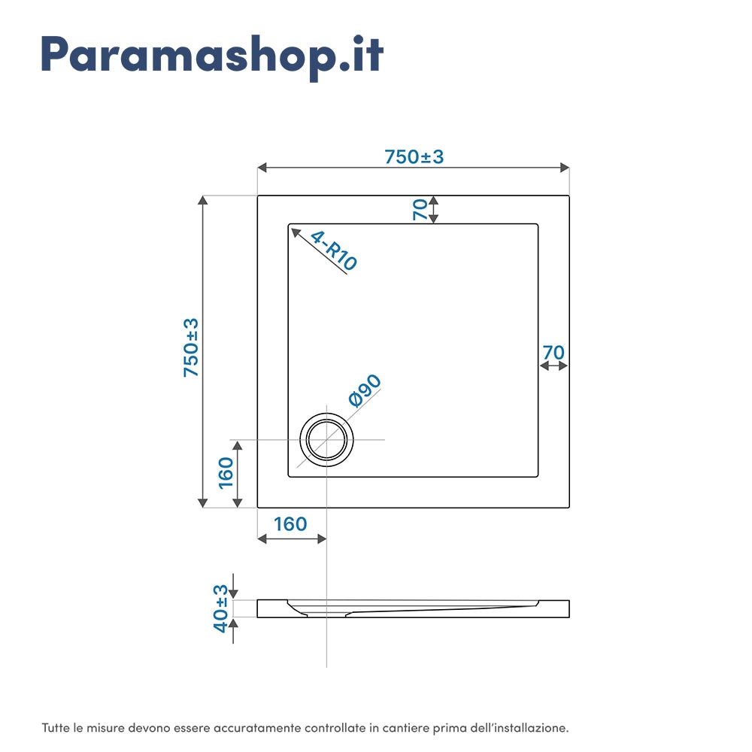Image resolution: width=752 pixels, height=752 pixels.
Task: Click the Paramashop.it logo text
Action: tap(212, 54)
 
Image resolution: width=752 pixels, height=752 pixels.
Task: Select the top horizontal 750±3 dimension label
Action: tap(414, 156)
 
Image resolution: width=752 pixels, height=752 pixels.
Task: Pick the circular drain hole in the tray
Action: tap(327, 440)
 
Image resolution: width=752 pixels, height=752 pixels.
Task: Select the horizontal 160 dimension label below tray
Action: tap(290, 523)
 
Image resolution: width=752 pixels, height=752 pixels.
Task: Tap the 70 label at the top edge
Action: tap(420, 209)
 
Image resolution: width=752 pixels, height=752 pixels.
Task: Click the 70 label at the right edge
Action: tap(553, 352)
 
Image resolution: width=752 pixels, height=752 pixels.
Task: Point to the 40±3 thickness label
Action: tap(220, 608)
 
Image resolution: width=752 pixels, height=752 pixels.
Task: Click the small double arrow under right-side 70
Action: tap(553, 366)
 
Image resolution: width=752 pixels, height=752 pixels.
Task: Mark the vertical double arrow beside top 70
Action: tap(434, 210)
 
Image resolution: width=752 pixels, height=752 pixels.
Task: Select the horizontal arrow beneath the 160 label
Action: tap(292, 538)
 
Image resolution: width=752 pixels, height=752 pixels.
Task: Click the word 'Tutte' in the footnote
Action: tap(54, 728)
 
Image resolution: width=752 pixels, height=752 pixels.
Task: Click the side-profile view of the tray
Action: tap(413, 608)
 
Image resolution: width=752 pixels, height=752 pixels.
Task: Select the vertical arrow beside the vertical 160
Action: tap(238, 474)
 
